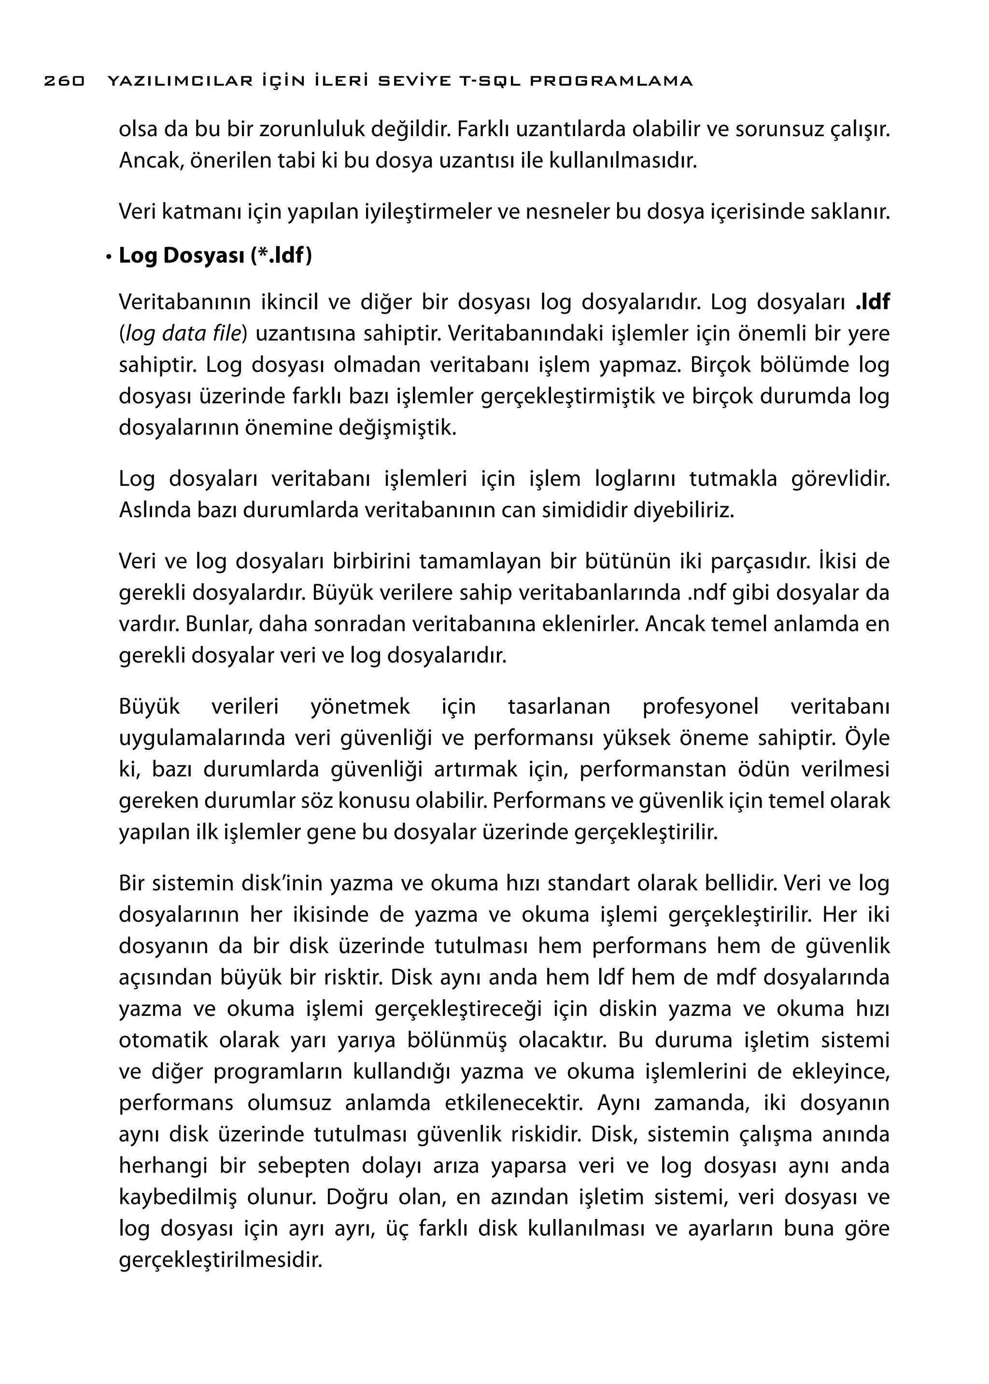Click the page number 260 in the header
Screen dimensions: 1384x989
coord(65,81)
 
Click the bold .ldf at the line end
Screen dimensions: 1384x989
coord(872,303)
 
